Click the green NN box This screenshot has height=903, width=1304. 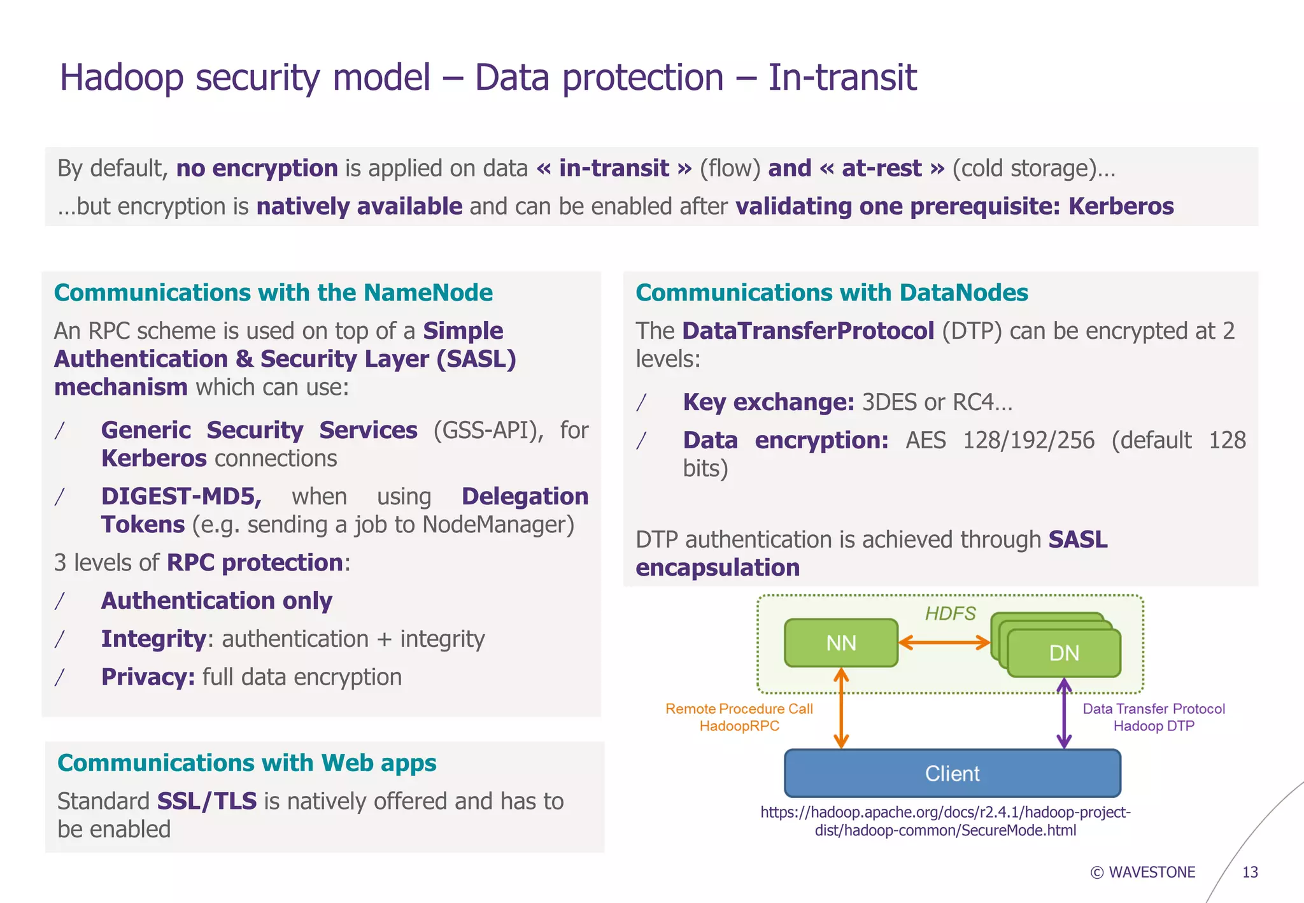[x=840, y=643]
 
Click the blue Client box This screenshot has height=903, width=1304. [x=952, y=773]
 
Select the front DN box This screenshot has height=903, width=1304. [x=1063, y=653]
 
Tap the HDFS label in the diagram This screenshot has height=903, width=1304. [x=949, y=613]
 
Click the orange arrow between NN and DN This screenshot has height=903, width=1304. [x=944, y=643]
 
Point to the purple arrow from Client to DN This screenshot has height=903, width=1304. [x=1064, y=713]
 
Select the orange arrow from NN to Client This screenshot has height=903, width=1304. [x=841, y=708]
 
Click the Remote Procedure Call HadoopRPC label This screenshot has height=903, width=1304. [x=739, y=717]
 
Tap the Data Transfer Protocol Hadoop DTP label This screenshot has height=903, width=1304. [x=1153, y=717]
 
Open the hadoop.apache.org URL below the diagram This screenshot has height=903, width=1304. [x=945, y=821]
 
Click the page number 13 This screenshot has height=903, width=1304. [x=1250, y=872]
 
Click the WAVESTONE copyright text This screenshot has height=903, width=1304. [x=1143, y=872]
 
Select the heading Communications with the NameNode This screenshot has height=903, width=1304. [x=273, y=292]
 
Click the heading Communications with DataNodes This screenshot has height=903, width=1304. [x=832, y=292]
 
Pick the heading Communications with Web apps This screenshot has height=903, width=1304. [x=246, y=762]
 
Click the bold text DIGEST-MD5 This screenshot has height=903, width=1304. [x=181, y=496]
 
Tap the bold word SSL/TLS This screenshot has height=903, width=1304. [x=207, y=800]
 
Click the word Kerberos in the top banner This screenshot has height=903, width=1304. [x=1121, y=206]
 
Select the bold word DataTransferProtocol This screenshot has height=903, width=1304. [x=808, y=331]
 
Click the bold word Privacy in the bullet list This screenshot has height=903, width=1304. [x=148, y=676]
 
